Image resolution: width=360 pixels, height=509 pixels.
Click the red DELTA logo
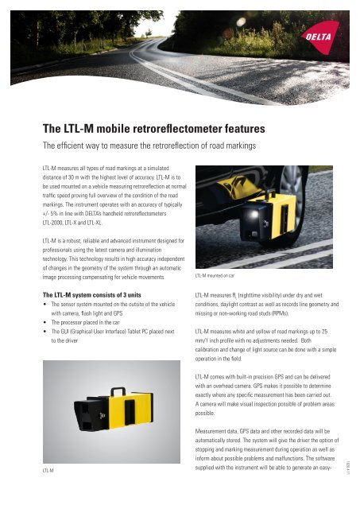click(319, 37)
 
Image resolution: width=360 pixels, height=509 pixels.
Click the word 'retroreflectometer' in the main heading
click(177, 129)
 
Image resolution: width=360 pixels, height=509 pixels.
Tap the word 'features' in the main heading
click(245, 129)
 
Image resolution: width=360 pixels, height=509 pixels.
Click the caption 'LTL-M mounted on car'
click(215, 276)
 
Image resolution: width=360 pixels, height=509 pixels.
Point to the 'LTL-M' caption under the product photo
click(48, 470)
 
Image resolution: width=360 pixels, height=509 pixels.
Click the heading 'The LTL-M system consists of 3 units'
click(91, 295)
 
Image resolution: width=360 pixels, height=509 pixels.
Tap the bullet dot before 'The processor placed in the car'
click(45, 323)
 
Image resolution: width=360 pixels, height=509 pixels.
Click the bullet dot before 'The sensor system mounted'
click(45, 305)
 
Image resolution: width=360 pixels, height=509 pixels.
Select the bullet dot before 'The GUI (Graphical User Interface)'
click(45, 332)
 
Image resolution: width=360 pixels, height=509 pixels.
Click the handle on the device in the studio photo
click(118, 391)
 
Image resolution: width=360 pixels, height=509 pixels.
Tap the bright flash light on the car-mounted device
click(254, 214)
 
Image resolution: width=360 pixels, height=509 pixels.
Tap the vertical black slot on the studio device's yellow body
click(130, 412)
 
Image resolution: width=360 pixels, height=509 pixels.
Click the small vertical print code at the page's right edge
click(348, 468)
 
